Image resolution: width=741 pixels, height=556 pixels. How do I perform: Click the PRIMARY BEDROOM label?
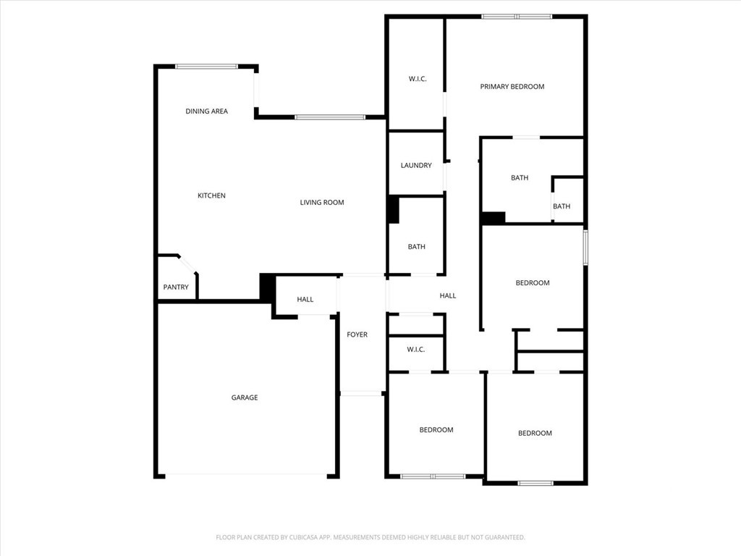[512, 87]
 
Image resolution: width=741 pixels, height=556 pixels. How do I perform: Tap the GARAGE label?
[245, 397]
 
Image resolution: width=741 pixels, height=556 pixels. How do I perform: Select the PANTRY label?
[176, 287]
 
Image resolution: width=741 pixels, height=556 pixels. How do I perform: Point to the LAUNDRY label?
[416, 166]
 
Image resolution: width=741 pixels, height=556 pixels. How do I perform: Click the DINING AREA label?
[206, 111]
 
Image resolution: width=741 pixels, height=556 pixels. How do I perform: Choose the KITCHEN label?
[211, 195]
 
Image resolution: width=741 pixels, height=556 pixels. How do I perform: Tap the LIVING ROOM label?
[322, 203]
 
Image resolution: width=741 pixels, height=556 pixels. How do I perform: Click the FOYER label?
[357, 334]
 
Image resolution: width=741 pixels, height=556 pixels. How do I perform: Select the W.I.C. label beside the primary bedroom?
[418, 79]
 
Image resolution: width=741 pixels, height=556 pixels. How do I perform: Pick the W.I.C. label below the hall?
[416, 350]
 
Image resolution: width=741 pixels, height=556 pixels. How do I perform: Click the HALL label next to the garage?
[305, 299]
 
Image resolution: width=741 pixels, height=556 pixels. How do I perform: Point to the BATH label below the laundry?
[416, 247]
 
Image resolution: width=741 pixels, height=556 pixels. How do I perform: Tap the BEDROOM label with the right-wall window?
[533, 283]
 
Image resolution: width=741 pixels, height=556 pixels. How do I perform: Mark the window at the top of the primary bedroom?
[517, 17]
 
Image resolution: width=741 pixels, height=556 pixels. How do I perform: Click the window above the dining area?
[206, 67]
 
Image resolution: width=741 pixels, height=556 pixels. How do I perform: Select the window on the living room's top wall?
[330, 117]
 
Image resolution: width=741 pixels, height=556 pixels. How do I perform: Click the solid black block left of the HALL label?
[268, 287]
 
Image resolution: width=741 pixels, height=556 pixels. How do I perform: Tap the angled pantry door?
[187, 265]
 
